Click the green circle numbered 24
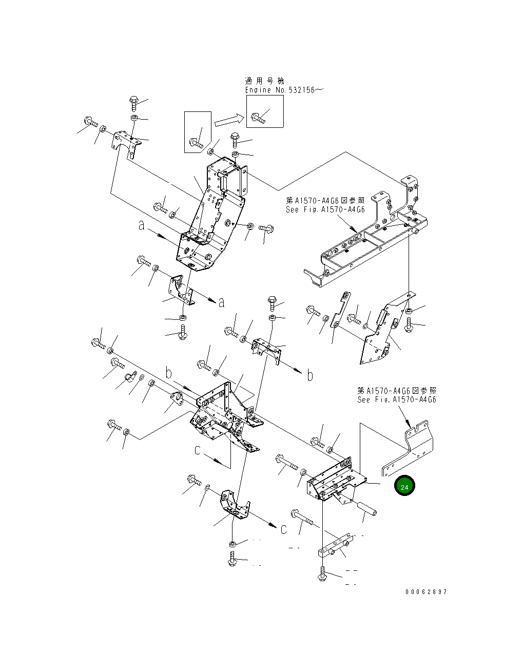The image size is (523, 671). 404,486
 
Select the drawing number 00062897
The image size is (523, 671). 426,592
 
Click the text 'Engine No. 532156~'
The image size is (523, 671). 284,90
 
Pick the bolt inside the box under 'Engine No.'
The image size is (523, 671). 258,118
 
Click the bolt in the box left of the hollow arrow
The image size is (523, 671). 197,142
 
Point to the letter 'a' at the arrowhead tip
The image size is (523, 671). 221,303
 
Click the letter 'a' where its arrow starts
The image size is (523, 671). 141,225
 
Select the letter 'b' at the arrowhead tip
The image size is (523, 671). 310,375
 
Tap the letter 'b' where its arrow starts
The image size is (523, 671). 168,372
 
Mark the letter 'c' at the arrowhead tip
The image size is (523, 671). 284,529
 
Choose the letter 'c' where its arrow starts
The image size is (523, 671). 198,450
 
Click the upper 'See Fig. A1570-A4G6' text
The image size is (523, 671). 325,209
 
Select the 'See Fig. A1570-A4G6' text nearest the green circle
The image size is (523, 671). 396,399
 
